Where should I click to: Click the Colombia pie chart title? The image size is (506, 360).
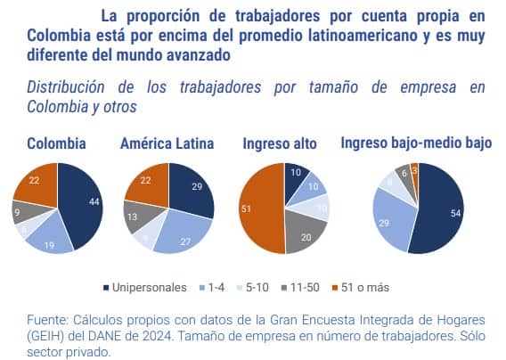(x=56, y=143)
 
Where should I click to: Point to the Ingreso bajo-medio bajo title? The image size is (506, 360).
(x=415, y=143)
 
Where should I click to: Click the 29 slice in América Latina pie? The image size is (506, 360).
(x=192, y=188)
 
